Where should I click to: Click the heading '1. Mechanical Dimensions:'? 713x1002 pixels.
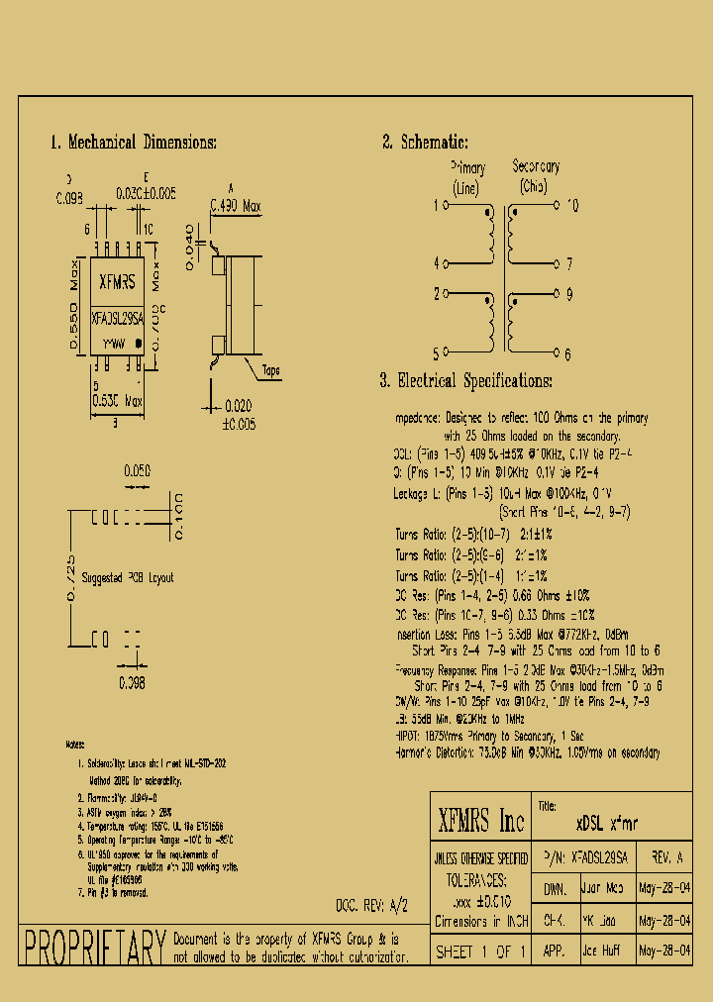(x=134, y=143)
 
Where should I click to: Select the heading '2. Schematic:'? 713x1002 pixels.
(x=426, y=143)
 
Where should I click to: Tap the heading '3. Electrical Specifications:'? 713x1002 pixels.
(x=465, y=381)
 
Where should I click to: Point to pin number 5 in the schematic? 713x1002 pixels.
(x=436, y=351)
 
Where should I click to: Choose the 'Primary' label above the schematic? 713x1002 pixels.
(x=467, y=168)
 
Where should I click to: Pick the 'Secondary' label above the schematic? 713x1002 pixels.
(x=536, y=167)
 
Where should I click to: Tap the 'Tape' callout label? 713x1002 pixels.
(x=270, y=371)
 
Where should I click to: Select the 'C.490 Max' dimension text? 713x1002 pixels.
(x=236, y=207)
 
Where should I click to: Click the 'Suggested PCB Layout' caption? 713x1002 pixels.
(x=128, y=577)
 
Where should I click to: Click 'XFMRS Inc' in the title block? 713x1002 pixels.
(x=480, y=821)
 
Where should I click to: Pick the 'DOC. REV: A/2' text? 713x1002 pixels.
(x=372, y=905)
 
